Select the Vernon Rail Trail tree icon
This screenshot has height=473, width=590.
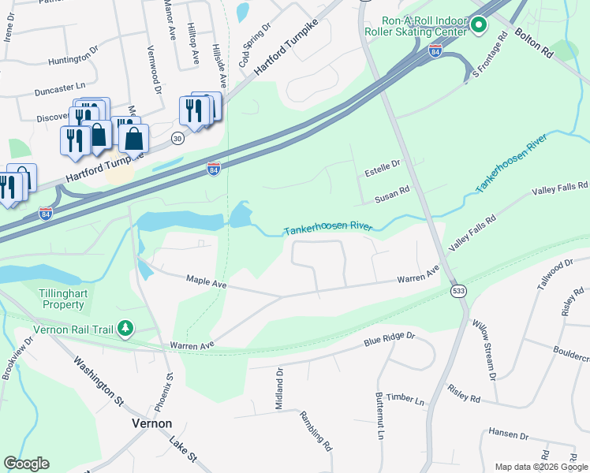125,328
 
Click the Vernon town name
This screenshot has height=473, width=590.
151,423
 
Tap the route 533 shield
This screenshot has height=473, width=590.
457,292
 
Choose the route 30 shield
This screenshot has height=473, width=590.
177,139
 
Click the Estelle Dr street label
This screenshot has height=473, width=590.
382,163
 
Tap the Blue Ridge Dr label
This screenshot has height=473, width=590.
389,340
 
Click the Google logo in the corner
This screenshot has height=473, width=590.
26,464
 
